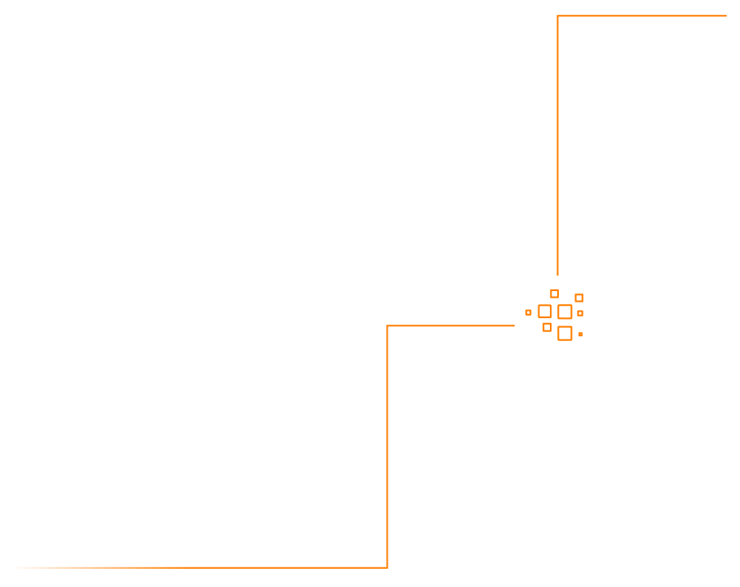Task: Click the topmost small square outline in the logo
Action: pos(554,293)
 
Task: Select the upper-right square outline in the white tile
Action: pos(579,298)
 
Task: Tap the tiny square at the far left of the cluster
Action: pos(529,312)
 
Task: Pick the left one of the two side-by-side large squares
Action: pos(545,312)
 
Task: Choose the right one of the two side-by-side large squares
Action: pos(565,312)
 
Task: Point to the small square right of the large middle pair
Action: pos(580,313)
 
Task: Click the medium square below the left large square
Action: pos(547,327)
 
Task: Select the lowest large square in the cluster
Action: pos(565,333)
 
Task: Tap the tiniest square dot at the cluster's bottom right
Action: pos(580,334)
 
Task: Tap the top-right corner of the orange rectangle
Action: pos(726,16)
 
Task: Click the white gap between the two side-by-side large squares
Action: pos(555,312)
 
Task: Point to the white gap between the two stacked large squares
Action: pos(565,322)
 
